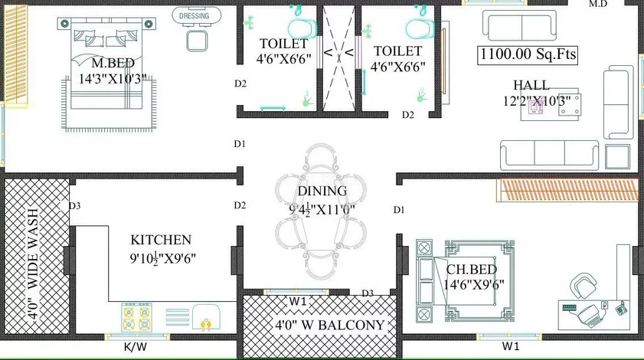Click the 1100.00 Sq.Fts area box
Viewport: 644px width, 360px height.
[528, 54]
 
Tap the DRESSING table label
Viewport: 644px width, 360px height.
[195, 16]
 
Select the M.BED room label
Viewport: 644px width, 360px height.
[113, 63]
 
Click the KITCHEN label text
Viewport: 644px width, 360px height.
[161, 240]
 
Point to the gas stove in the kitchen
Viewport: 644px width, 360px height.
[136, 317]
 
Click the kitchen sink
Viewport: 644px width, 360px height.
[206, 317]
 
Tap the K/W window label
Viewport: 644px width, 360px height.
[135, 347]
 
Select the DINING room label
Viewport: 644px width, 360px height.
[322, 191]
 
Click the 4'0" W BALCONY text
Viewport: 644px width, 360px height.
[330, 325]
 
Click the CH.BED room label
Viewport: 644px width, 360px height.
[472, 269]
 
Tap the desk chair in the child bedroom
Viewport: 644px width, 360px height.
[584, 286]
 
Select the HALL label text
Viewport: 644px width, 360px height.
[531, 85]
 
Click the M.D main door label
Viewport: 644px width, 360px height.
[597, 4]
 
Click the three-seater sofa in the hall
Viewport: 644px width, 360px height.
[549, 155]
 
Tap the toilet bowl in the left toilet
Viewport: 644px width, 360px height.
[302, 29]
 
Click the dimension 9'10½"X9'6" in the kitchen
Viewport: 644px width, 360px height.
[162, 258]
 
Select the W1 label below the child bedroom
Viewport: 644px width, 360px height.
[511, 346]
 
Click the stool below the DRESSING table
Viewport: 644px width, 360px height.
[197, 41]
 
